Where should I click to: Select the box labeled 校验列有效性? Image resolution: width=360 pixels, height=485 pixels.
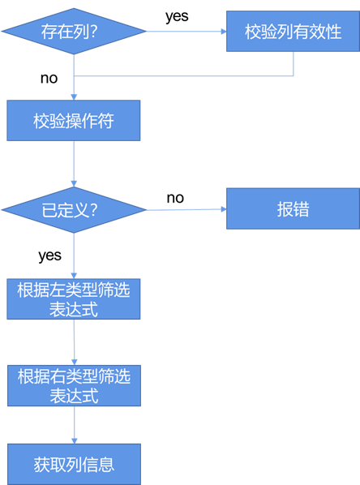[293, 32]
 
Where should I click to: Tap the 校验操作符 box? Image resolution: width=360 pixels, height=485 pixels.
[74, 121]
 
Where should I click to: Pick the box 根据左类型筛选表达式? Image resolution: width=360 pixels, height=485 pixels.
[74, 299]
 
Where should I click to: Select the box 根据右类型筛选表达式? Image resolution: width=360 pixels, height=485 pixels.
[74, 385]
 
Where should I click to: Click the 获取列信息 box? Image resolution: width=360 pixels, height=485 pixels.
[74, 464]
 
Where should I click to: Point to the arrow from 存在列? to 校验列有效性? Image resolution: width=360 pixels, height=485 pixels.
[186, 32]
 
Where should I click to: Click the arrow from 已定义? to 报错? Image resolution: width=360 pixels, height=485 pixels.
[186, 209]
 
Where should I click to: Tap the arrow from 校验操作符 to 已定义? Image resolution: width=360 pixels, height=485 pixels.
[74, 163]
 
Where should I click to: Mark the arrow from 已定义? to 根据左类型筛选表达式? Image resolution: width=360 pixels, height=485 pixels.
[74, 255]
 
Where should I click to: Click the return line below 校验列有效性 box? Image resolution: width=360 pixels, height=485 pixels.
[182, 77]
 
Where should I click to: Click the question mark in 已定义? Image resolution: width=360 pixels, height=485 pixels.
[93, 209]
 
